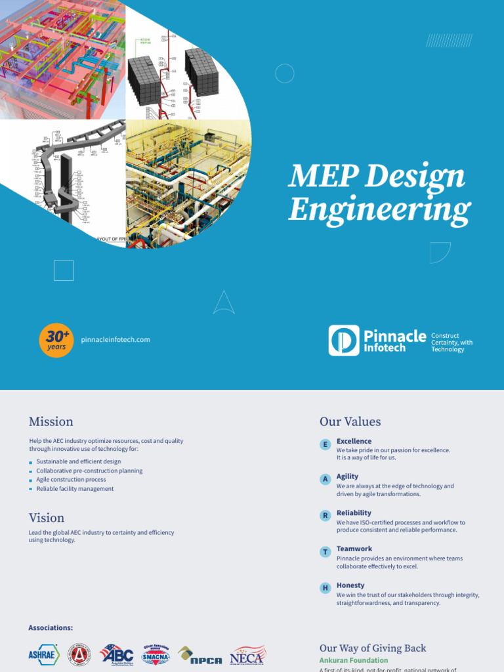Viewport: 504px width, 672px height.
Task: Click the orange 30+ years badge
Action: point(56,340)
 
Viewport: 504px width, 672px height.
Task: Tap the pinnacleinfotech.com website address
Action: point(115,339)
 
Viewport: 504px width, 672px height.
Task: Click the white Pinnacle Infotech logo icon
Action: point(344,340)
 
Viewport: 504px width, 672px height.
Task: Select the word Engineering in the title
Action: point(379,211)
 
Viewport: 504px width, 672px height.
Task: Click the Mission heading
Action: point(51,421)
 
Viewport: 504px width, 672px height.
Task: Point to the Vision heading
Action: point(46,518)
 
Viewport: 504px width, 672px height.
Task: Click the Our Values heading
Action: point(350,421)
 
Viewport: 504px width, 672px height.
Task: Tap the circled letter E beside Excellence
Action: point(325,445)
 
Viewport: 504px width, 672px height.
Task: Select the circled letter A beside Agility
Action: point(325,480)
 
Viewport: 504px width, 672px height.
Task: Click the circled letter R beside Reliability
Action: point(325,516)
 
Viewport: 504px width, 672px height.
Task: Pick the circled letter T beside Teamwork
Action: point(325,552)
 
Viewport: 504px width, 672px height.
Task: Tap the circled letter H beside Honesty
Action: point(325,588)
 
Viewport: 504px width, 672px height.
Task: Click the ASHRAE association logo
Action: point(44,654)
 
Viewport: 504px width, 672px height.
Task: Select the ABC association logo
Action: point(117,654)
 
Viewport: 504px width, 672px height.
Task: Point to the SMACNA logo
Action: point(156,656)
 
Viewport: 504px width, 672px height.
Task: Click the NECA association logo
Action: point(247,656)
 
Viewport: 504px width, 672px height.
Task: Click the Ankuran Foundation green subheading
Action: point(353,660)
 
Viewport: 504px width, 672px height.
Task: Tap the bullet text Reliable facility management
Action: point(75,489)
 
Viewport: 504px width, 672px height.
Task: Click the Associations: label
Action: point(51,628)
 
